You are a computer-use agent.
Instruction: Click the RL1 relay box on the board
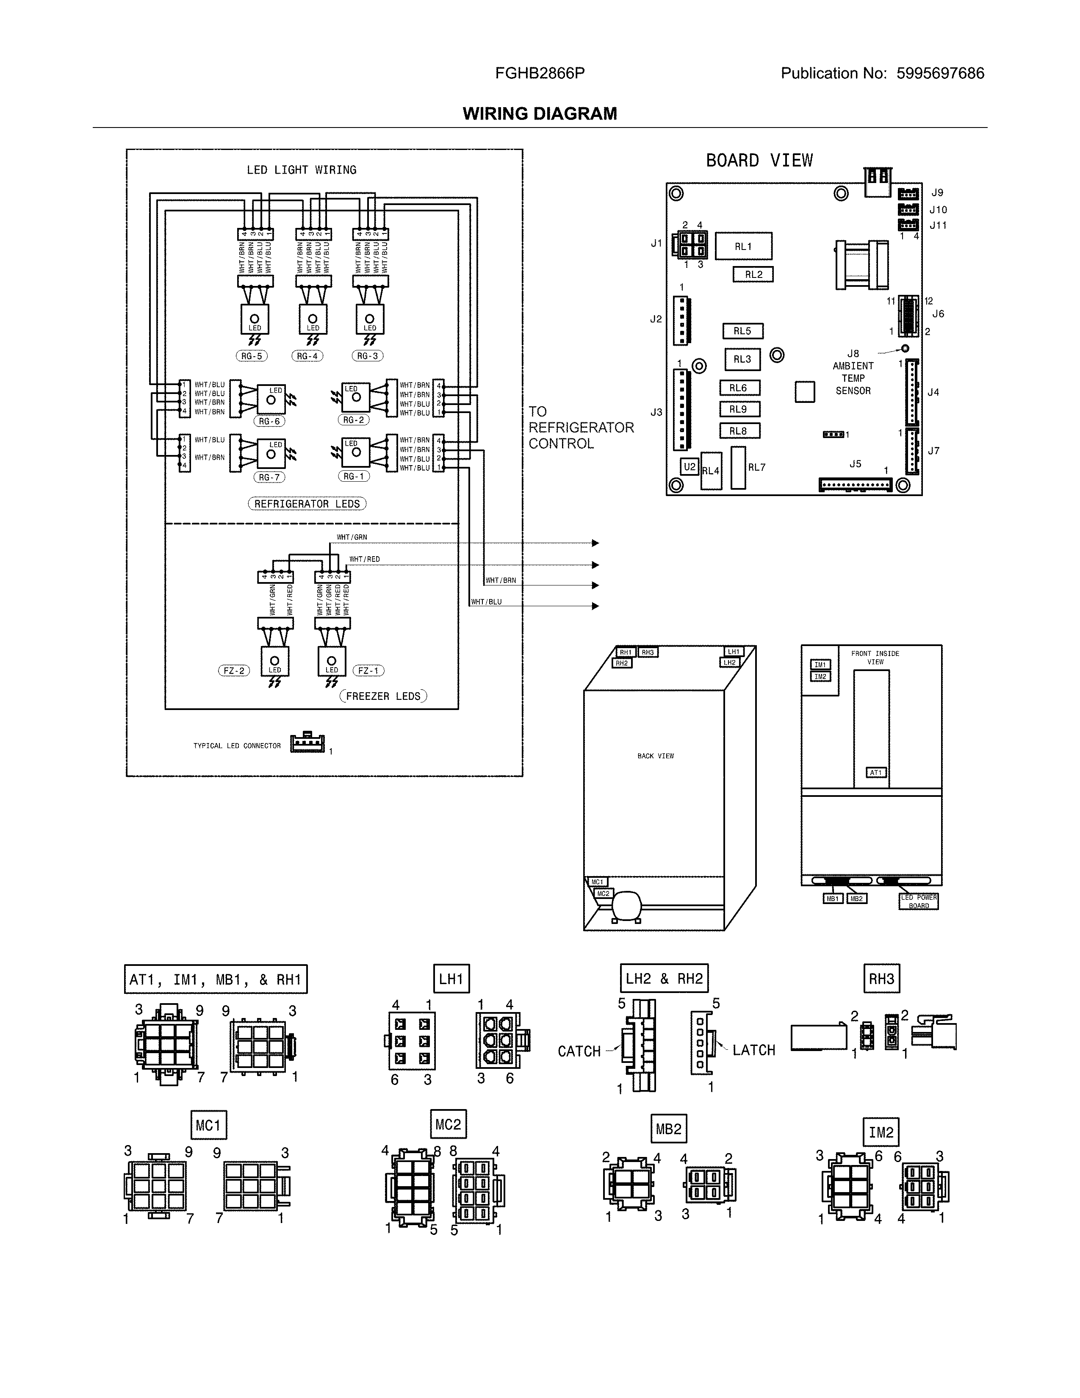coord(743,246)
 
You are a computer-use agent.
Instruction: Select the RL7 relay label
coord(756,467)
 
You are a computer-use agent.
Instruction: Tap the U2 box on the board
coord(689,467)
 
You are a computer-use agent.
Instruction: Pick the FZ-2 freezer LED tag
coord(233,671)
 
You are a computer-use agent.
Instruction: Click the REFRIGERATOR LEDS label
coord(307,504)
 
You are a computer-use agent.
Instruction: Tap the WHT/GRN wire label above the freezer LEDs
coord(352,537)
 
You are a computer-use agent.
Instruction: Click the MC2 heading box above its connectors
coord(448,1125)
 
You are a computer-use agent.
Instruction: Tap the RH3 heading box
coord(881,979)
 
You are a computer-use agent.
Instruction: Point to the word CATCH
coord(579,1052)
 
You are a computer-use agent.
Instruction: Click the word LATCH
coord(754,1051)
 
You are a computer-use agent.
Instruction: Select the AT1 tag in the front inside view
coord(876,773)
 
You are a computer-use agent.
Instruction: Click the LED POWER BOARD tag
coord(919,901)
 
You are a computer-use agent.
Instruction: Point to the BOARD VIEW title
coord(759,160)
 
